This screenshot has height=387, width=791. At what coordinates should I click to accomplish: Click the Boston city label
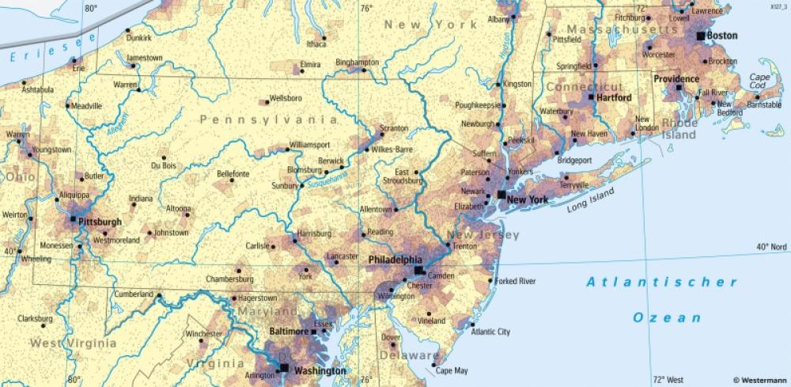tap(721, 36)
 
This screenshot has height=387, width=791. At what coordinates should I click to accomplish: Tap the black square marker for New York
tap(501, 194)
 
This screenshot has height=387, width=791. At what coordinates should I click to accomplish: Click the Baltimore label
tap(288, 331)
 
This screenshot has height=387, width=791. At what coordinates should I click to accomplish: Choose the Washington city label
tap(320, 370)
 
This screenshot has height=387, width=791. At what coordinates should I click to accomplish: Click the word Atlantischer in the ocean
tap(661, 282)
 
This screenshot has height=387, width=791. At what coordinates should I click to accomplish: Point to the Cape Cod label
tap(760, 82)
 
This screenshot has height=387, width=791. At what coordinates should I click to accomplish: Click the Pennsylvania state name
tap(268, 120)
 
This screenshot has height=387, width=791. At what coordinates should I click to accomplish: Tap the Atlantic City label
tap(490, 332)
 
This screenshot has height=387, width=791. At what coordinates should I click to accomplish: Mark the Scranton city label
tap(394, 127)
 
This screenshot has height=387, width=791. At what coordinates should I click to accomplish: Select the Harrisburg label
tap(314, 234)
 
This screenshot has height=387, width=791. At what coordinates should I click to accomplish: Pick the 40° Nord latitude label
tap(771, 247)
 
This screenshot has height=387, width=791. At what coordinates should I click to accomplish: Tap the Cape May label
tap(452, 370)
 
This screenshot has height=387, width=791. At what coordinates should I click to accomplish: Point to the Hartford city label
tap(614, 98)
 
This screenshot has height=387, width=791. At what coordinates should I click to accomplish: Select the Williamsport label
tap(309, 145)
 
